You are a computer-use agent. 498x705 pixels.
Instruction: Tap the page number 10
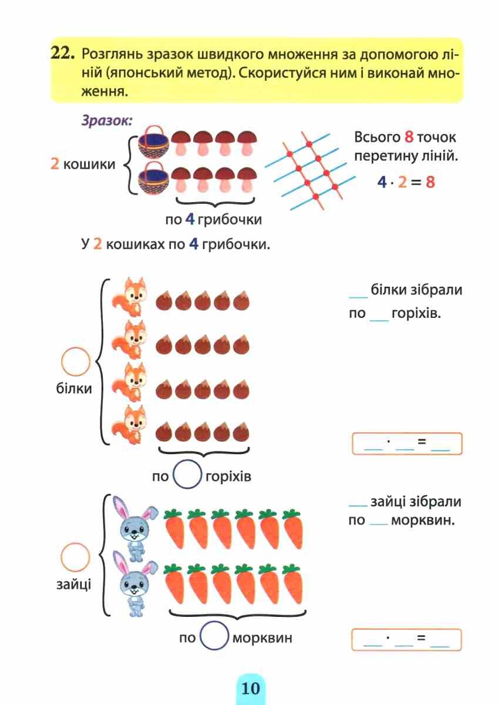(250, 688)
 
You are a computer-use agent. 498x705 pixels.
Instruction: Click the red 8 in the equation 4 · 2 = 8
(430, 182)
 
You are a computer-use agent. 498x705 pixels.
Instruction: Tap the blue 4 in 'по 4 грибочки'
(189, 220)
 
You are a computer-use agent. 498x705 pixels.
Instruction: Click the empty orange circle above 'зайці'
(76, 556)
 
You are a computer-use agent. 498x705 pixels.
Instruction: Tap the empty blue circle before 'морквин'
(214, 636)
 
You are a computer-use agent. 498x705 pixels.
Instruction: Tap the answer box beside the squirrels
(407, 444)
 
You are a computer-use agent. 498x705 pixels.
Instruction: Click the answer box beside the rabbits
(407, 640)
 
